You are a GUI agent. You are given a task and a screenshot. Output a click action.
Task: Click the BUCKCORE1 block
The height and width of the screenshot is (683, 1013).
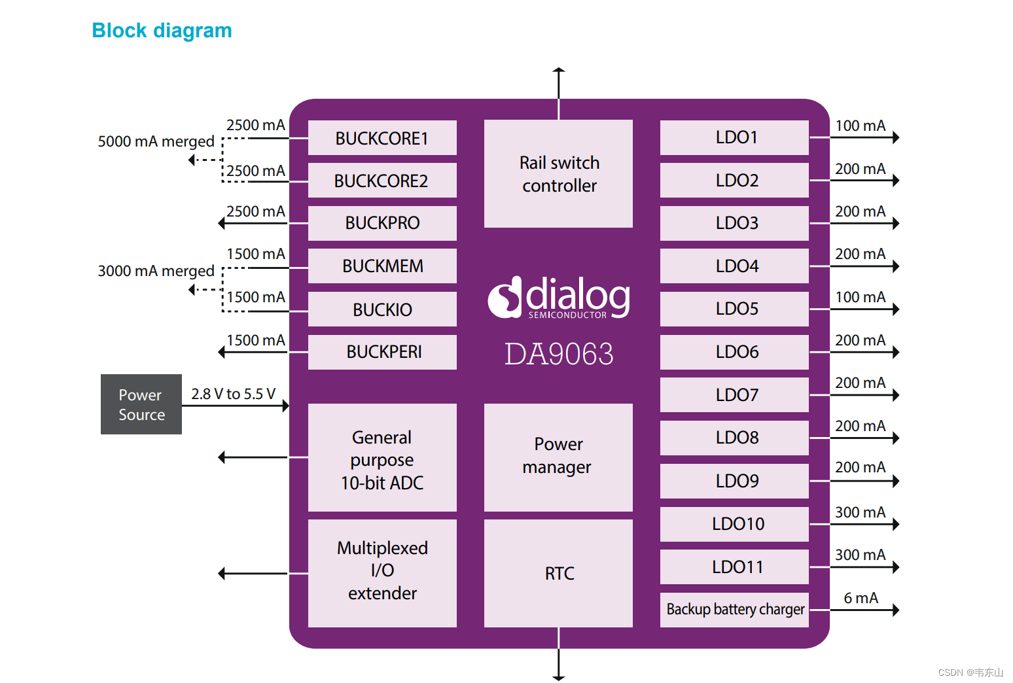click(x=382, y=138)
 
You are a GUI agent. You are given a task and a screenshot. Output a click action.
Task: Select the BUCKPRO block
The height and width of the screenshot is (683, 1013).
click(x=382, y=223)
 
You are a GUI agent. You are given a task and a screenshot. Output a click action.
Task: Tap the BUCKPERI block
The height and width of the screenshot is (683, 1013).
click(x=382, y=352)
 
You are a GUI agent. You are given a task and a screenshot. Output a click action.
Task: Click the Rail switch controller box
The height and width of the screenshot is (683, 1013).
click(x=558, y=174)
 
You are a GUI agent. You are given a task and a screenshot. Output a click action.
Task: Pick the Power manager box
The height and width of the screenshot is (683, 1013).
click(x=558, y=457)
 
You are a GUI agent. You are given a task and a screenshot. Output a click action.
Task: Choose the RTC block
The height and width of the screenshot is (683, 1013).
click(x=558, y=573)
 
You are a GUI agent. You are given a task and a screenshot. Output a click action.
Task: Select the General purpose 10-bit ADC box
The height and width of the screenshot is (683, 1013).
click(x=382, y=458)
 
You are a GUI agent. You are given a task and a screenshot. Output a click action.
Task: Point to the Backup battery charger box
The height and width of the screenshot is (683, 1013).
click(x=734, y=610)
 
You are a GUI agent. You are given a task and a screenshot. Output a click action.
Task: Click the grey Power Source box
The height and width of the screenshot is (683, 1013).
click(x=141, y=404)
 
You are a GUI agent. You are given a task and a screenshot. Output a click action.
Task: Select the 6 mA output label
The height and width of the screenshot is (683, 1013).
click(x=861, y=598)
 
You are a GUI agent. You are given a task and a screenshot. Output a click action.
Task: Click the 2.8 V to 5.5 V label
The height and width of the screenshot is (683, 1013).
click(x=233, y=394)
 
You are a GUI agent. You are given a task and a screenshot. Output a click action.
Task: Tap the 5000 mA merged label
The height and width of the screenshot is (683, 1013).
click(x=156, y=141)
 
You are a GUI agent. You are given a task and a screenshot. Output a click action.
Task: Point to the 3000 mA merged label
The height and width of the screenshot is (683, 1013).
click(x=156, y=271)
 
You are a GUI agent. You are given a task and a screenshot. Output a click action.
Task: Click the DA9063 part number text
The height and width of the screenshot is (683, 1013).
click(x=559, y=355)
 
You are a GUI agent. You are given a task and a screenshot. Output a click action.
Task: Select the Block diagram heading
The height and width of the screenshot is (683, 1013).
click(x=162, y=31)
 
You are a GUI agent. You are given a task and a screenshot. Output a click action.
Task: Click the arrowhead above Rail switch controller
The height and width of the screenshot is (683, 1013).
click(x=558, y=69)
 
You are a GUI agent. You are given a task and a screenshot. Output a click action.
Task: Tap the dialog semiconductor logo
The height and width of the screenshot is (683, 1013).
click(x=559, y=298)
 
